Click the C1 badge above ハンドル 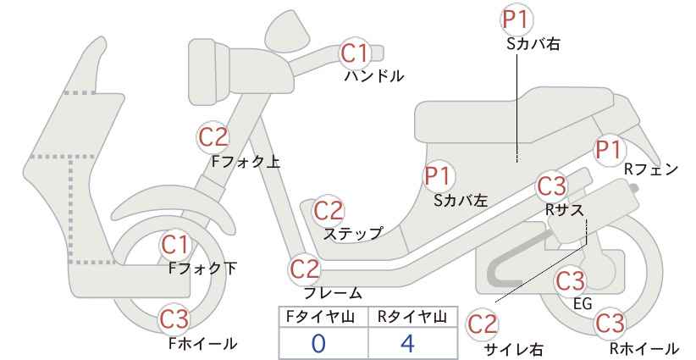point(356,53)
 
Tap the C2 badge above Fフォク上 point(213,137)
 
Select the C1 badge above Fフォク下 point(176,245)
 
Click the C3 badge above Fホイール point(174,318)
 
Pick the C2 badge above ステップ point(329,211)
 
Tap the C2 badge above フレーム point(305,269)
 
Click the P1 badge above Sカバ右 point(516,19)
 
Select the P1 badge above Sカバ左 point(439,176)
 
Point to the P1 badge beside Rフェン point(609,150)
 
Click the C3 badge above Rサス point(552,186)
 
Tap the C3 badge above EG point(571,280)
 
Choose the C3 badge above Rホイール point(610,323)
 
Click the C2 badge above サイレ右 point(483,324)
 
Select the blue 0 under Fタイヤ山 point(318,344)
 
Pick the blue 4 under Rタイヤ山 point(407,344)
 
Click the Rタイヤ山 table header point(413,317)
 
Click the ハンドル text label point(374,76)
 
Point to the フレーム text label point(333,293)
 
